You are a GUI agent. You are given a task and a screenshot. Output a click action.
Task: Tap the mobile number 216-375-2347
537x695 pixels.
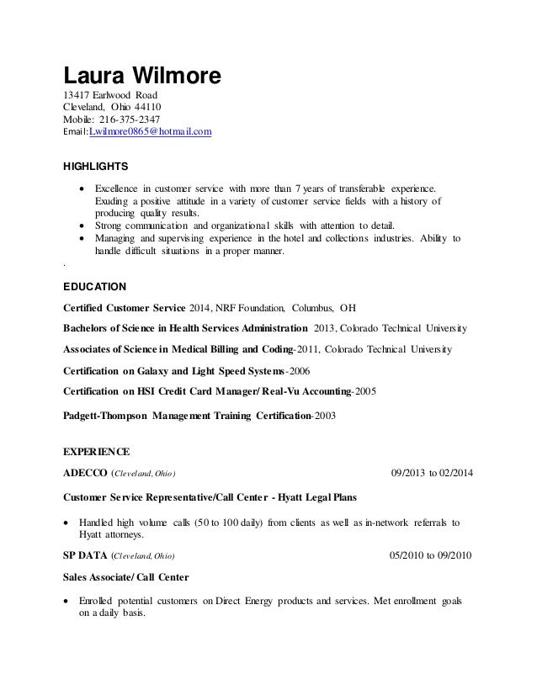point(125,119)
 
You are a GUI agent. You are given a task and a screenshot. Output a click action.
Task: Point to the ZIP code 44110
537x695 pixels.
point(146,107)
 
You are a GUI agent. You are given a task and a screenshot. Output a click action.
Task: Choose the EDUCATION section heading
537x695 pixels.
point(95,286)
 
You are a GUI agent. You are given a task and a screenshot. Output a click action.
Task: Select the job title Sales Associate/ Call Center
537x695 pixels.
point(126,578)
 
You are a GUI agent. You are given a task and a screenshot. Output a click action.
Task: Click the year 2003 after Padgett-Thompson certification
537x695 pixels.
point(323,414)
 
